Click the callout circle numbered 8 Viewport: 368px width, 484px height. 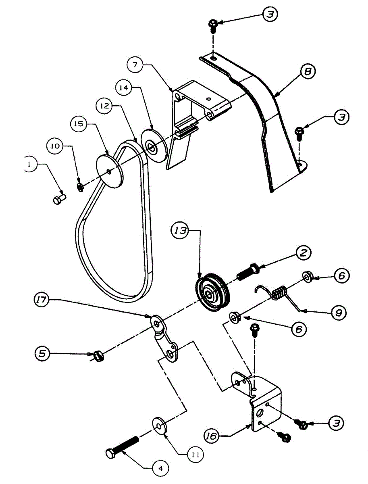pos(308,71)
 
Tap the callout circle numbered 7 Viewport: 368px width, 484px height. pos(135,65)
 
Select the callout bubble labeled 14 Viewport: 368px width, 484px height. pos(123,88)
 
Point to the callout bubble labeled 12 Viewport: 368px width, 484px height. pos(104,106)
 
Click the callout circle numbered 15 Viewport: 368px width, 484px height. pos(79,124)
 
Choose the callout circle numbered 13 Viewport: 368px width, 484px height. pos(180,231)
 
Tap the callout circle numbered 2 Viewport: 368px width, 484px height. pos(303,253)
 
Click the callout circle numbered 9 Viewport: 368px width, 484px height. pos(339,313)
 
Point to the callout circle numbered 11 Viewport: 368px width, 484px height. pos(195,455)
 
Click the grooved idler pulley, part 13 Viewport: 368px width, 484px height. pos(213,292)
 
